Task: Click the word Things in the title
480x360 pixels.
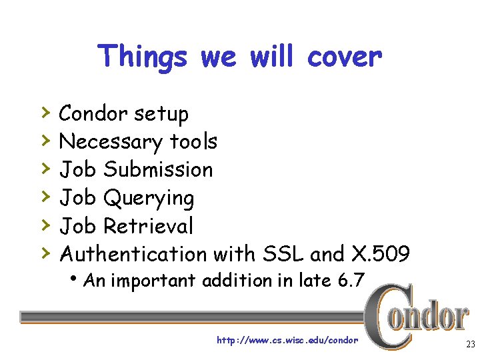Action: [x=142, y=57]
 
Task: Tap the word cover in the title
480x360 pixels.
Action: [x=345, y=57]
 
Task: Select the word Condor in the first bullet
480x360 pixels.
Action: [x=93, y=114]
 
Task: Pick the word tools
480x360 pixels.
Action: [x=193, y=141]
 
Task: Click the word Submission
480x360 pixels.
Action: [x=159, y=169]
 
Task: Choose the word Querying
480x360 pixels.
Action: [x=149, y=199]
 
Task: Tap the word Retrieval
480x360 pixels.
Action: [x=149, y=226]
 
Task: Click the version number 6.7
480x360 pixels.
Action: [x=351, y=281]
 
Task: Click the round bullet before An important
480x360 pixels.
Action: [x=79, y=280]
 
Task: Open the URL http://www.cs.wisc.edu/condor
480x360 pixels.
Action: [x=287, y=341]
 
